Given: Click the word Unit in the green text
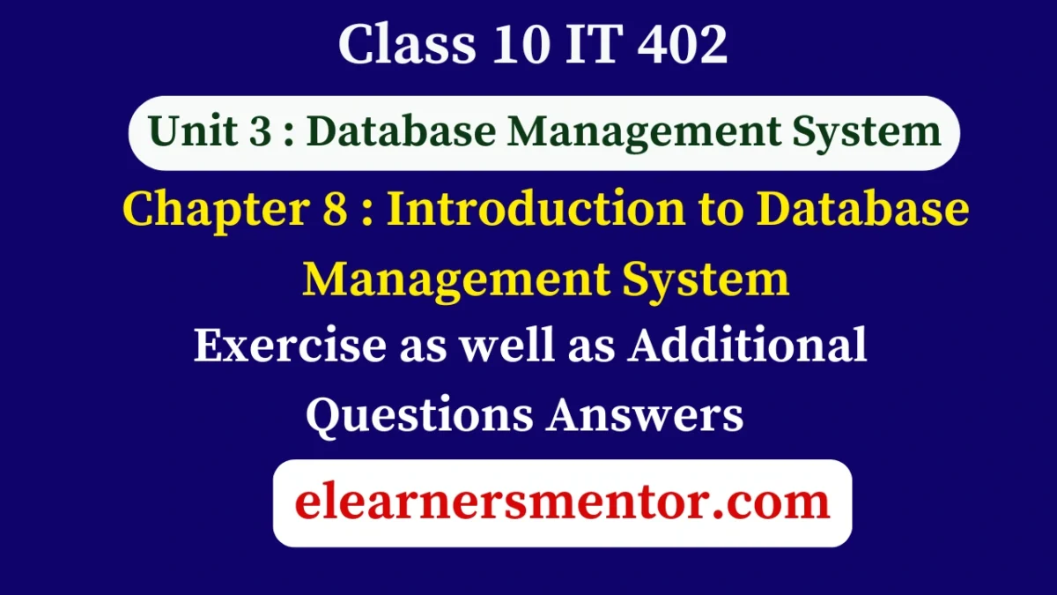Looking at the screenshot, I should (187, 132).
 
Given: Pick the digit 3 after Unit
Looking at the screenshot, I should (254, 132).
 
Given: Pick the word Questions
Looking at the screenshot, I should (418, 413).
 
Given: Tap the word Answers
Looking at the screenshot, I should (644, 413).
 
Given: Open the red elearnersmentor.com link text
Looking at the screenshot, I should (562, 502).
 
